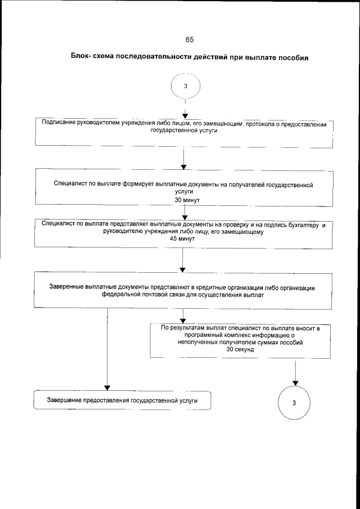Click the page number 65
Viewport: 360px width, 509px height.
[189, 39]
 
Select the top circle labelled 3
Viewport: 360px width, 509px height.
[185, 86]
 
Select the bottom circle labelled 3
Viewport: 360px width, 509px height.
[294, 403]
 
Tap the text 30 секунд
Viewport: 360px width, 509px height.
[240, 349]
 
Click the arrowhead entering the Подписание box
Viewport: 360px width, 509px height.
[184, 116]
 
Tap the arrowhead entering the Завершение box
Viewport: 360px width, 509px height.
[107, 387]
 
